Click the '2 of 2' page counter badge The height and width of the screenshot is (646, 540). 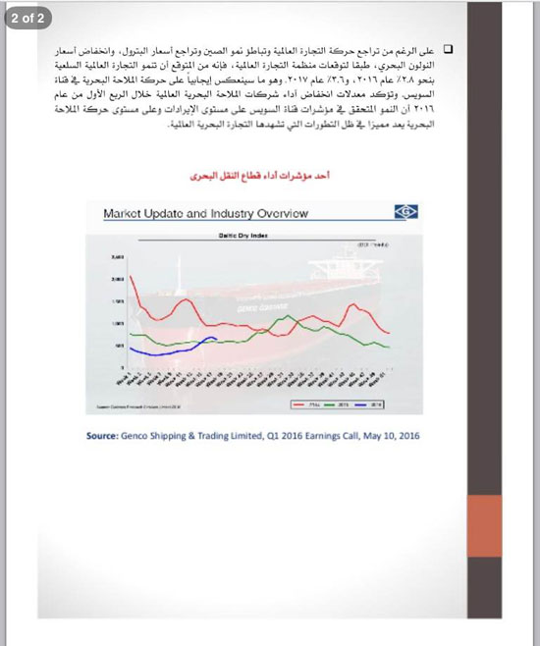coord(28,18)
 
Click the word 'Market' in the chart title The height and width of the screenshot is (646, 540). coord(128,213)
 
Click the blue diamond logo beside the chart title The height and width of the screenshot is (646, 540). coord(405,212)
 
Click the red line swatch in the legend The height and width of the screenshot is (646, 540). coord(303,404)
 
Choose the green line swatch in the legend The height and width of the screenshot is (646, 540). coord(337,404)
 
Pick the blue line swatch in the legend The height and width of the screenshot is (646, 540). coord(370,404)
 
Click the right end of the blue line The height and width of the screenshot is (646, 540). coord(216,340)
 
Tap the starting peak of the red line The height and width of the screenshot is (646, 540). coord(130,278)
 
